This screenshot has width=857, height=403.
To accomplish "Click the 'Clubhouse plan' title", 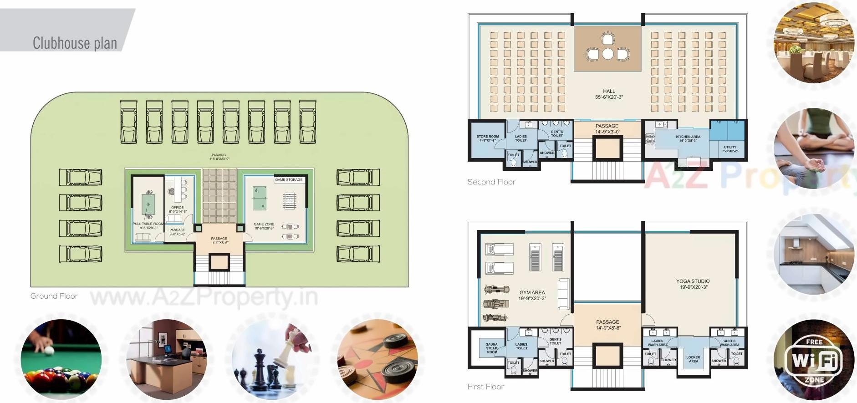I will (75, 43).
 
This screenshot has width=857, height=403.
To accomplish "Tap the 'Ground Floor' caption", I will (54, 296).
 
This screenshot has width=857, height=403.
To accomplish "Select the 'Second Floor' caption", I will (491, 182).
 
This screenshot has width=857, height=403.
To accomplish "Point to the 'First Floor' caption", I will (485, 387).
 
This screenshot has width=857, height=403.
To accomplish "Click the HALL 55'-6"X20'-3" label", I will (609, 94).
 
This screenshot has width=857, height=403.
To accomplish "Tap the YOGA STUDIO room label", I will (693, 284).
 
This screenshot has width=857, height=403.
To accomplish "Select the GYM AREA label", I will (532, 296).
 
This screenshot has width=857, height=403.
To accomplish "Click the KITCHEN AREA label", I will (688, 138).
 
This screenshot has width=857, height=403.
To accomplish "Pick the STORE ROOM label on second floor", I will (487, 138).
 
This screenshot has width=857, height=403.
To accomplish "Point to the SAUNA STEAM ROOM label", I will (492, 348).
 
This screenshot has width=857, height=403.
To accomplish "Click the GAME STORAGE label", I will (289, 180).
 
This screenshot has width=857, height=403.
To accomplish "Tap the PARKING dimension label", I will (219, 157).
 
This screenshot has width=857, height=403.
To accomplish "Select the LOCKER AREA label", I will (693, 359).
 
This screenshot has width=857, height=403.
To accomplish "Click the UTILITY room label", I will (730, 149).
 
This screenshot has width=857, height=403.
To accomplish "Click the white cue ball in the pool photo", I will (49, 351).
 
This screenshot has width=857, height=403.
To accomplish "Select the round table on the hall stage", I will (607, 54).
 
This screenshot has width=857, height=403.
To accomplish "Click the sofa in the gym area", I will (563, 294).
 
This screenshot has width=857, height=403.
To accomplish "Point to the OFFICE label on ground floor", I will (178, 209).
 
